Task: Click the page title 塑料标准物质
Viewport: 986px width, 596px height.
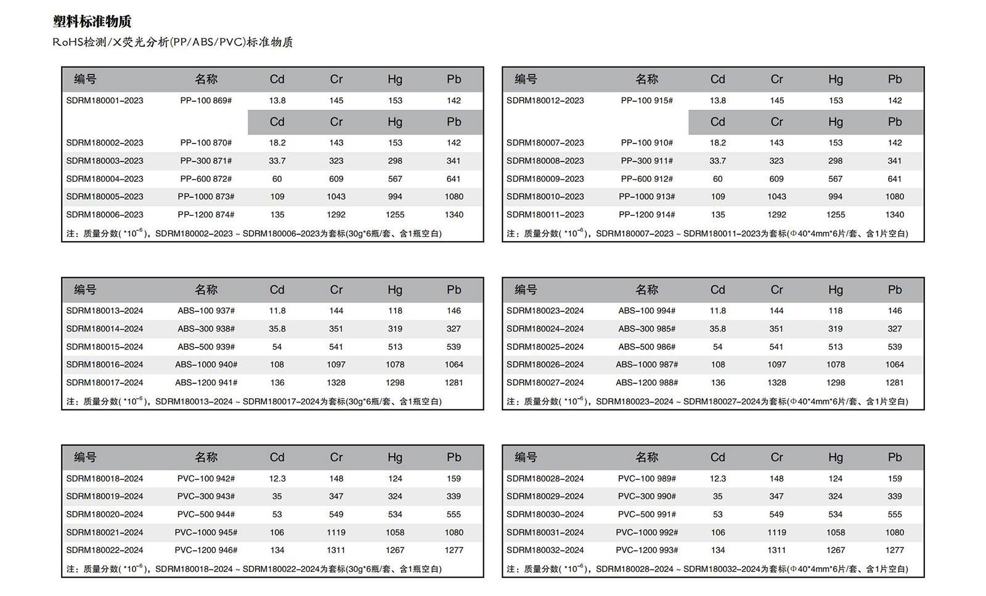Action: click(x=92, y=22)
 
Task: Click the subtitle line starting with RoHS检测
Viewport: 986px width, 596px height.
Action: click(x=173, y=42)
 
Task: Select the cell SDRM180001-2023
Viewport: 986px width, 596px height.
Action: click(x=105, y=100)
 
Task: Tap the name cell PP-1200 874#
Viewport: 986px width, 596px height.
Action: click(x=206, y=214)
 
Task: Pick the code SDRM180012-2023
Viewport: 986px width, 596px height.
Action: click(x=545, y=100)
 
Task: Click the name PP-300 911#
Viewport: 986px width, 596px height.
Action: click(x=646, y=161)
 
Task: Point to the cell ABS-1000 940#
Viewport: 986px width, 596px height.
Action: click(x=206, y=364)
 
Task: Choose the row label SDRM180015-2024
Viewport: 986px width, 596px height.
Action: click(x=105, y=346)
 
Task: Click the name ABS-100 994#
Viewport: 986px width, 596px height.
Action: click(x=646, y=311)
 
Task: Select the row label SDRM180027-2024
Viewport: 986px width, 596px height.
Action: click(x=545, y=382)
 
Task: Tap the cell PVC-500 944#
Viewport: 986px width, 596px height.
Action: click(x=206, y=514)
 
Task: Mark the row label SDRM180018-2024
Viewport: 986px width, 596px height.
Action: click(x=105, y=478)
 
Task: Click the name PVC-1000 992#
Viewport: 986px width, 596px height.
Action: click(x=646, y=532)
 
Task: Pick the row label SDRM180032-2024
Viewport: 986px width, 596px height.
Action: click(x=545, y=550)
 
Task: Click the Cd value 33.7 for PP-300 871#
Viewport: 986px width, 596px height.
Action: click(x=277, y=161)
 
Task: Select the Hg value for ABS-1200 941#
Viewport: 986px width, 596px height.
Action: click(x=395, y=382)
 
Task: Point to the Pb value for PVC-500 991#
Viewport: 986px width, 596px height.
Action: click(x=894, y=514)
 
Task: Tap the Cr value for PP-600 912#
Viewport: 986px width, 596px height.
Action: click(x=776, y=179)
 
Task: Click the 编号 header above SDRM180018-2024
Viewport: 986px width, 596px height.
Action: click(x=85, y=457)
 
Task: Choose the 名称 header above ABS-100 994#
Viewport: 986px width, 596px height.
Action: click(x=646, y=290)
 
